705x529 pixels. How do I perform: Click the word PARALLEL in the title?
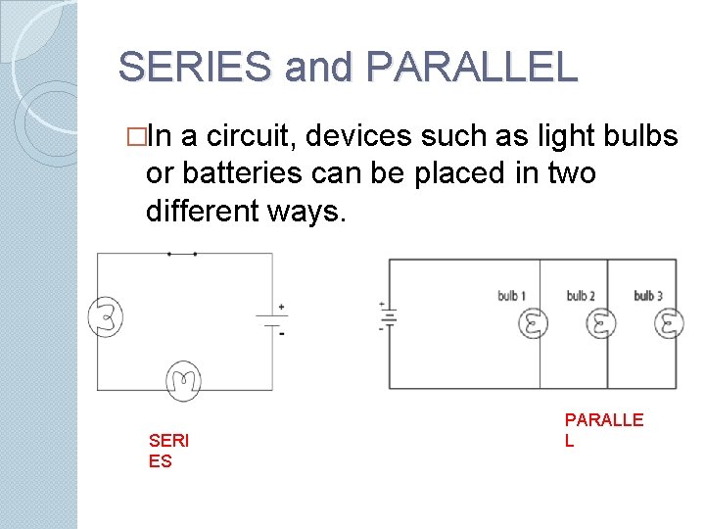[x=471, y=67]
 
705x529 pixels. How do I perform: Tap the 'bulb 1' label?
[x=511, y=296]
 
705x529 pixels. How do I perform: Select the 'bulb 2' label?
[x=581, y=296]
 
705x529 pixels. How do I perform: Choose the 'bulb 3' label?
[x=648, y=296]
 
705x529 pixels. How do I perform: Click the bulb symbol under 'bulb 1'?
[x=533, y=322]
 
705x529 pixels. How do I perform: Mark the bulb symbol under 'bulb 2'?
[x=601, y=322]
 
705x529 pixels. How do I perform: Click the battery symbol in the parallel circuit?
[x=389, y=316]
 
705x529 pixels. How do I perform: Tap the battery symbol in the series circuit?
[x=271, y=317]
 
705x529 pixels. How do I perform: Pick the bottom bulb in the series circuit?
[x=183, y=378]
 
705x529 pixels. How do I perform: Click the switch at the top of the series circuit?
[x=182, y=254]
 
